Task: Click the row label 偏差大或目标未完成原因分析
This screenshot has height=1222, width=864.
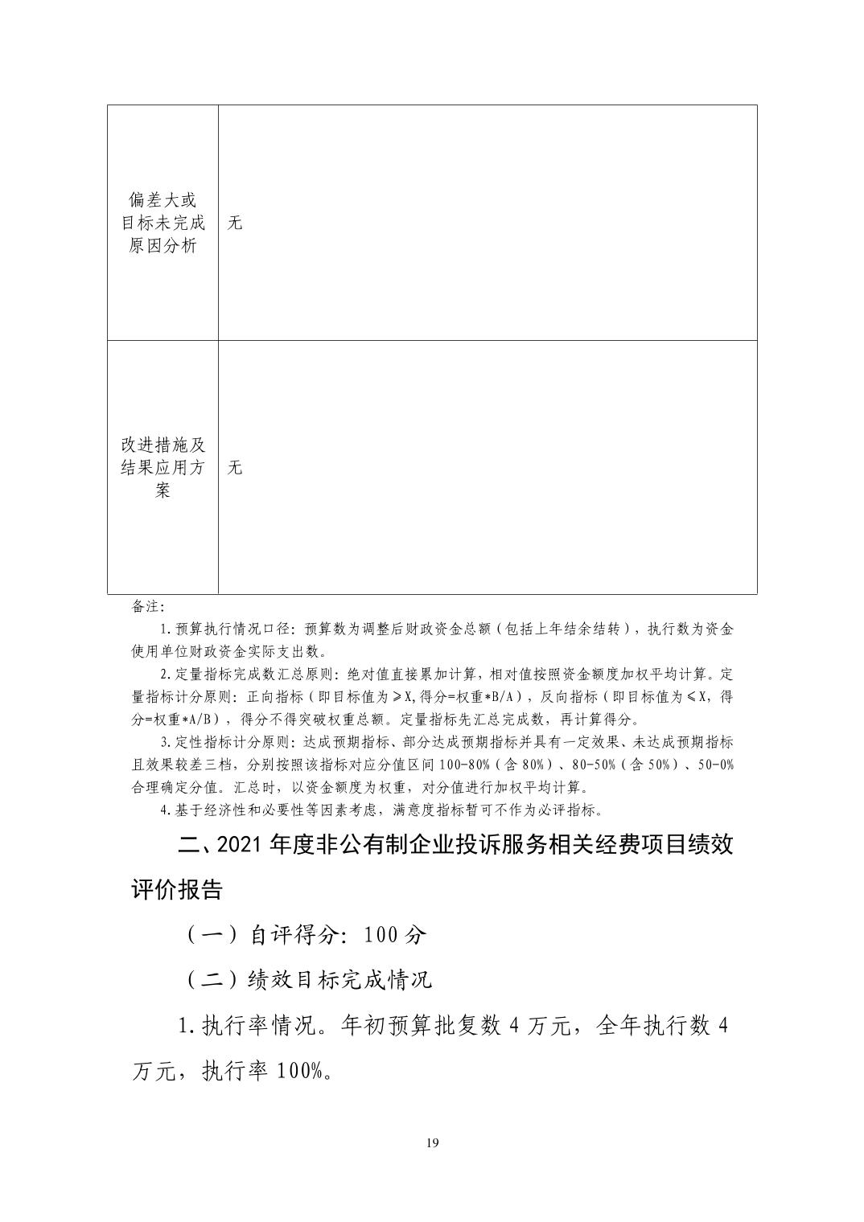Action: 163,223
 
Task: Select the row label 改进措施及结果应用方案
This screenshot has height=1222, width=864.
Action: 163,467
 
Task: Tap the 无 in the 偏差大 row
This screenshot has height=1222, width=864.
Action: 235,223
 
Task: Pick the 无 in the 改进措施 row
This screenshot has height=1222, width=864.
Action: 235,467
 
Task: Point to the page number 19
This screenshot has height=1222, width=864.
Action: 433,1143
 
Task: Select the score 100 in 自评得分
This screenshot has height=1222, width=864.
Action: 382,935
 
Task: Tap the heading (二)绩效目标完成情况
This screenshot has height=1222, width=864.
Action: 310,979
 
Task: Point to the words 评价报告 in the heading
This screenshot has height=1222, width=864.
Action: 177,890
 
